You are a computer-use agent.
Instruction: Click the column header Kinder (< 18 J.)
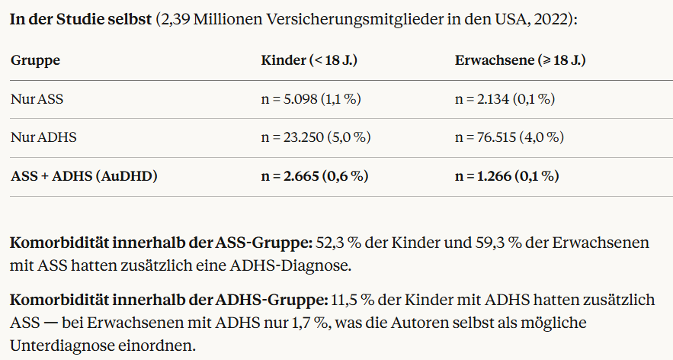(x=309, y=60)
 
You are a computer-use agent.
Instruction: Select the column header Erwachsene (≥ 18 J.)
(x=521, y=60)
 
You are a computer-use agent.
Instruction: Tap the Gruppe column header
(x=35, y=60)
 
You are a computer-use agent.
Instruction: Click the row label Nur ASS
(x=37, y=99)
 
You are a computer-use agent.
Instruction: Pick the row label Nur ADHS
(x=43, y=137)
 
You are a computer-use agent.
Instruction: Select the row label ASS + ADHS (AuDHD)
(x=84, y=176)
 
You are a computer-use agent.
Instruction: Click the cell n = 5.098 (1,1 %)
(x=311, y=99)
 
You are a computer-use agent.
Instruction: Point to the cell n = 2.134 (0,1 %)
(x=505, y=99)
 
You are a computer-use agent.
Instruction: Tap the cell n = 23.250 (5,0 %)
(x=316, y=137)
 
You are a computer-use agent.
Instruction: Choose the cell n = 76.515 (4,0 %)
(x=509, y=137)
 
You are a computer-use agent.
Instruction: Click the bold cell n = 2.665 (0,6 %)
(x=315, y=176)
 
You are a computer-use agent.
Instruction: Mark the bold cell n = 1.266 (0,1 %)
(x=507, y=176)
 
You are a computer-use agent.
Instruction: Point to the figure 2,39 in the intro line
(x=175, y=20)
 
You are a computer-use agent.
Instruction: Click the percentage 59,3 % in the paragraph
(x=498, y=243)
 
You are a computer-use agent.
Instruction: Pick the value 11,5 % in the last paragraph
(x=352, y=300)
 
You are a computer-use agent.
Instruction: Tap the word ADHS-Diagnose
(x=290, y=265)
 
